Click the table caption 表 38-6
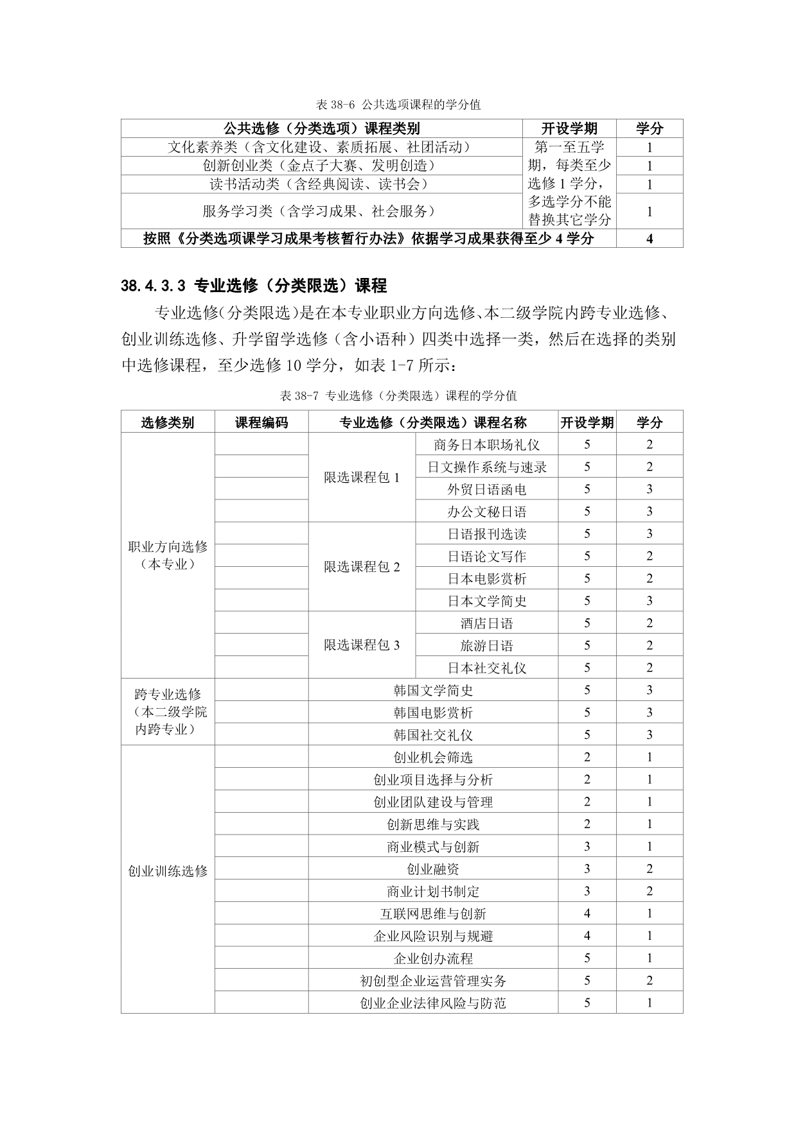[398, 104]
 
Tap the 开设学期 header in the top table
[569, 128]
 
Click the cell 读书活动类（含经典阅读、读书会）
[319, 184]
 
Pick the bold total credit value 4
[650, 239]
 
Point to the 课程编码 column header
[261, 422]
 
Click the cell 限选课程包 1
[362, 478]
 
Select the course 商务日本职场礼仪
[486, 444]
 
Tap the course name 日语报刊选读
[486, 533]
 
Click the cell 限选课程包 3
[362, 645]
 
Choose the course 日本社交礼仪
[486, 668]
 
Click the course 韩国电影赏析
[433, 713]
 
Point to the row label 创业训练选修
[168, 871]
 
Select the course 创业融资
[433, 869]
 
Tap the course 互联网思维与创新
[433, 914]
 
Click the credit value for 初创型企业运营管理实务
[650, 980]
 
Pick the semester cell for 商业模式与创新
[587, 847]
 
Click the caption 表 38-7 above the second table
[398, 395]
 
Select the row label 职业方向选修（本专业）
[168, 555]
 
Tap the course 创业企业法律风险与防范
[433, 1003]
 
